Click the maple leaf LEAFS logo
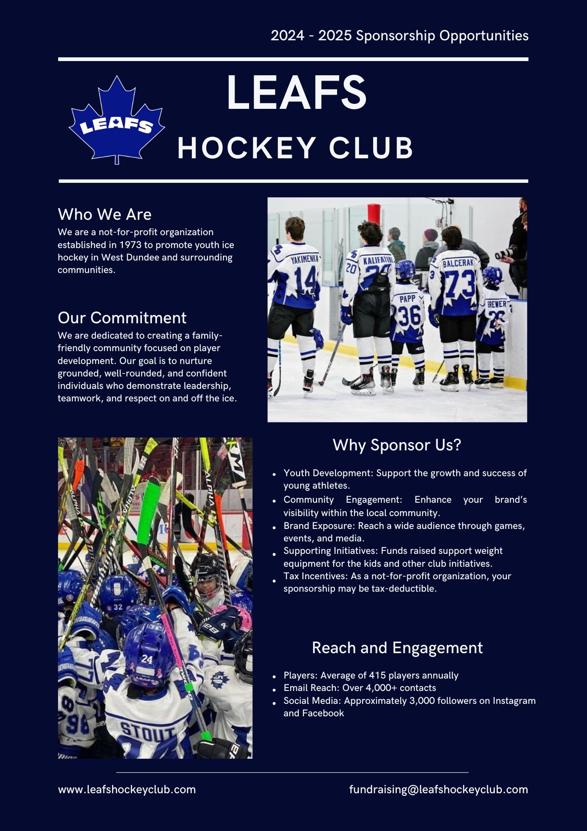click(x=117, y=120)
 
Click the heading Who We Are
click(x=105, y=214)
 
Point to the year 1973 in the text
click(x=130, y=245)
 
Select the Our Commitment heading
click(x=122, y=318)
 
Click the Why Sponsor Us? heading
click(x=397, y=445)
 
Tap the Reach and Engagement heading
click(x=397, y=648)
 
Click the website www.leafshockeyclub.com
click(x=127, y=789)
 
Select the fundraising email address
click(x=438, y=789)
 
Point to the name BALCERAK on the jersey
click(x=458, y=263)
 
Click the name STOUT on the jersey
click(x=147, y=733)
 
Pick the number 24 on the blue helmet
click(x=147, y=659)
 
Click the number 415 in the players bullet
click(x=376, y=676)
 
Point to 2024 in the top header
click(x=287, y=36)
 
